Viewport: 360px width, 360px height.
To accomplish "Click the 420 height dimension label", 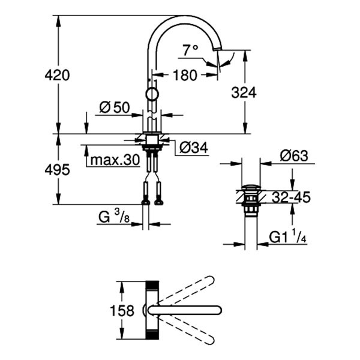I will pyautogui.click(x=58, y=75).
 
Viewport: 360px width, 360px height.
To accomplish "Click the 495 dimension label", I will pyautogui.click(x=58, y=170).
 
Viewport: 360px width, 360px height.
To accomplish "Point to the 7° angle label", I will pyautogui.click(x=191, y=51).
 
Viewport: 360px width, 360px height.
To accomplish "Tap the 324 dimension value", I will pyautogui.click(x=244, y=92).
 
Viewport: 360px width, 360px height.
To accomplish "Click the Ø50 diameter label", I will pyautogui.click(x=114, y=107).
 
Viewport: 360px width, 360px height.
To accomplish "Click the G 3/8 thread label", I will pyautogui.click(x=114, y=217).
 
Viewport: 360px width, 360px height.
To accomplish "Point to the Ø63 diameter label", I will pyautogui.click(x=293, y=155).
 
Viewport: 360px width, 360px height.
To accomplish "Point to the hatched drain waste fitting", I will pyautogui.click(x=250, y=195).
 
